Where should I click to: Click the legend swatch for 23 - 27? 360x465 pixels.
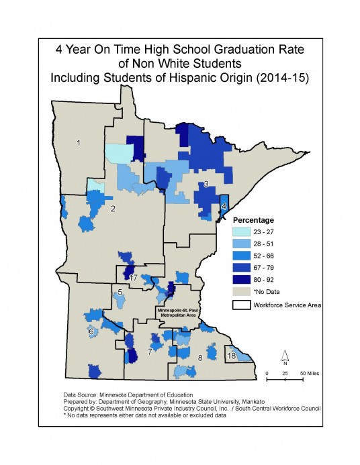coord(241,231)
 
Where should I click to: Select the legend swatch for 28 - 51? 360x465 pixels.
coord(241,244)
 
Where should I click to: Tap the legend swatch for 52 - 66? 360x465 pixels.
coord(241,256)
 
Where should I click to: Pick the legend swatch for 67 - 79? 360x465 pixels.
coord(241,268)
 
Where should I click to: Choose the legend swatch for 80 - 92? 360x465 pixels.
coord(241,280)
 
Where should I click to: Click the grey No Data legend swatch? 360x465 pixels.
coord(241,292)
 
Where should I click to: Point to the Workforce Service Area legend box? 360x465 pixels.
coord(241,305)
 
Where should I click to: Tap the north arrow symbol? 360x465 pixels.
coord(285,356)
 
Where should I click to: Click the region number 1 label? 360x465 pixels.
coord(79,143)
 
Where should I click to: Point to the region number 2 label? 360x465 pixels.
coord(113,209)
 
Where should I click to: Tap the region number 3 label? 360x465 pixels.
coord(206,184)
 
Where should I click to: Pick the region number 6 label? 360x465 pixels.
coord(91,331)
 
